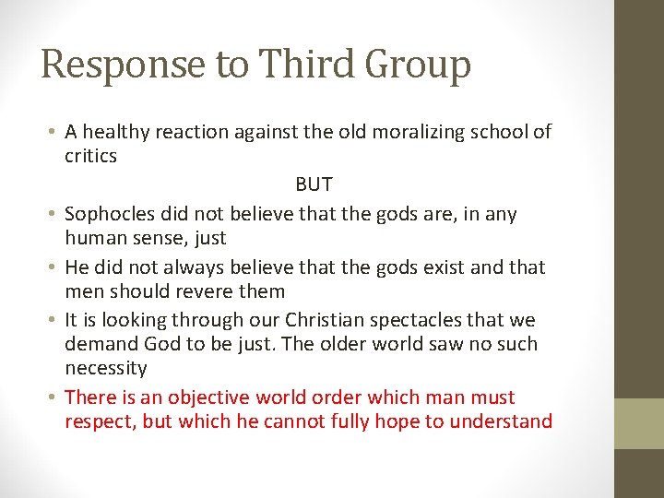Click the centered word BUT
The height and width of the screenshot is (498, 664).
click(314, 184)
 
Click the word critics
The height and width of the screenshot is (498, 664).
click(90, 156)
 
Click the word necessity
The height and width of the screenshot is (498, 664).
click(105, 368)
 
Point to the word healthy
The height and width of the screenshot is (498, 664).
click(114, 132)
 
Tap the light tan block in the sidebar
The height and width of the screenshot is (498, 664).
click(639, 423)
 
